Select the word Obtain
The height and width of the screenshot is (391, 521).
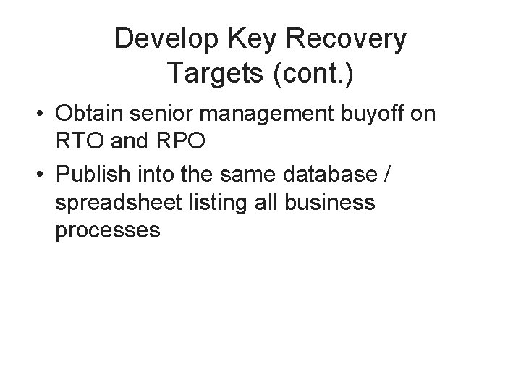(90, 114)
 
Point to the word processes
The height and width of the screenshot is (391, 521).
(107, 230)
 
